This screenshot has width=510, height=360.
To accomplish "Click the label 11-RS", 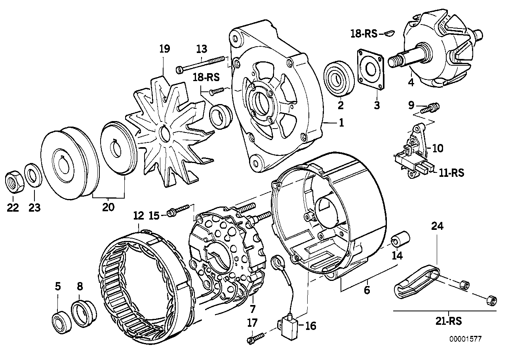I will tap(451, 172).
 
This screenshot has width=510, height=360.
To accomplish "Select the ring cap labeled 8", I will tap(84, 313).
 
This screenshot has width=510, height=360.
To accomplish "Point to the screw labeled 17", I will tap(255, 338).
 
